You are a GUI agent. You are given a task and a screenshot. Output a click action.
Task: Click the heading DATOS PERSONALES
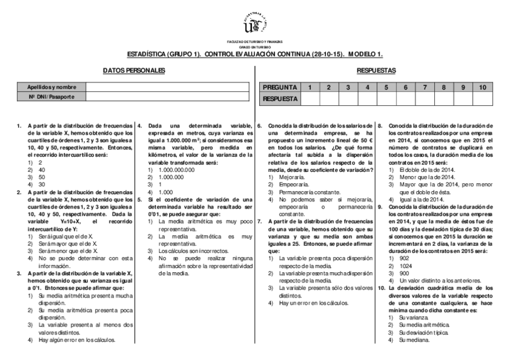(x=134, y=71)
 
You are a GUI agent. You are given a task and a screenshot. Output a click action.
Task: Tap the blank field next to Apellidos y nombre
(x=167, y=87)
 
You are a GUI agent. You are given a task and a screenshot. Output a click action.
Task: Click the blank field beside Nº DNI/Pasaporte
(x=167, y=96)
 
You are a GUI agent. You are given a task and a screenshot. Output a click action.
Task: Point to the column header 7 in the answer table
(x=425, y=87)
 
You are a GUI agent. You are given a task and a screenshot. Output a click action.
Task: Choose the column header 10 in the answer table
(x=482, y=87)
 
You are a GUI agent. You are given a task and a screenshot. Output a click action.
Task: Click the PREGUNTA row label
(x=278, y=87)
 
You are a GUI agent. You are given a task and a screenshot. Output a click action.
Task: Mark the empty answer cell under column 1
(x=309, y=97)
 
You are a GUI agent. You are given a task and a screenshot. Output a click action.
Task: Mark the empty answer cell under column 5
(x=386, y=97)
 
